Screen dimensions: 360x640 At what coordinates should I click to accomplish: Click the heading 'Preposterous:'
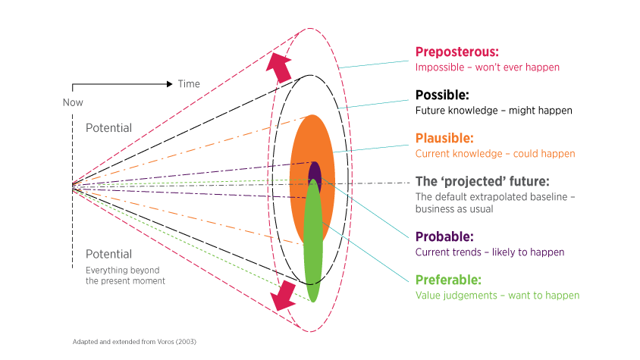click(456, 52)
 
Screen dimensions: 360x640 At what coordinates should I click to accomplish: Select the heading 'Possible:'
click(442, 95)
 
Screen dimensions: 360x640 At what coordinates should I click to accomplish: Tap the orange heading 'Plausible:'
click(444, 139)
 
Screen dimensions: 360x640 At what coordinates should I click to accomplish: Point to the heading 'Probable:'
click(444, 236)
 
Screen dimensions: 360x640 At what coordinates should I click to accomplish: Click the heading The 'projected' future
click(482, 182)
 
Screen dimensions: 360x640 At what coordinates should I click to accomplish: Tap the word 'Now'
click(73, 102)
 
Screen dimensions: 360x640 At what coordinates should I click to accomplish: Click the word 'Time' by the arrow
click(189, 83)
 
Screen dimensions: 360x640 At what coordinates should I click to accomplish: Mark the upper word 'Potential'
click(108, 128)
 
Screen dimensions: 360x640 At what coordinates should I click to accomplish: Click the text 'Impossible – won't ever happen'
click(487, 67)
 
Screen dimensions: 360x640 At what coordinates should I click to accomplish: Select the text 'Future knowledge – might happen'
click(494, 111)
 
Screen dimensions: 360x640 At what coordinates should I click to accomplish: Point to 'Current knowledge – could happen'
click(496, 154)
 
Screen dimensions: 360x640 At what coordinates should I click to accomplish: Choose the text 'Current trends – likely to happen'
click(489, 252)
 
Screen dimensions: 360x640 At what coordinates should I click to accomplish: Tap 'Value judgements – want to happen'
click(497, 296)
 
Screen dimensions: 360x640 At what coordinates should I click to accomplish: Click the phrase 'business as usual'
click(454, 209)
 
